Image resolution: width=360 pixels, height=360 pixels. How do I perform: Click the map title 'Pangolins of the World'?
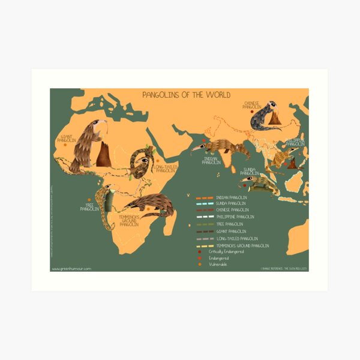tap(185, 95)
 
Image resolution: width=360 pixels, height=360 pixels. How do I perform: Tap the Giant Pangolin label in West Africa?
tap(66, 139)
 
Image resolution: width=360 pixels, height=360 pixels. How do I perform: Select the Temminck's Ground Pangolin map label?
tap(129, 220)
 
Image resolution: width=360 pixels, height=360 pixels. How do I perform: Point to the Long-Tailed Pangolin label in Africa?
tap(165, 169)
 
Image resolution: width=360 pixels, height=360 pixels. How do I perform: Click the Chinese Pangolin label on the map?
tap(252, 105)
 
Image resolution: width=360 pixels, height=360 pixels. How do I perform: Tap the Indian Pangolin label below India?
tap(211, 161)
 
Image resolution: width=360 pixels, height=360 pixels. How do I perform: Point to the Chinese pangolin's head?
tap(272, 106)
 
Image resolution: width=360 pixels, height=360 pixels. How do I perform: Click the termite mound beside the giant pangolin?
tap(103, 155)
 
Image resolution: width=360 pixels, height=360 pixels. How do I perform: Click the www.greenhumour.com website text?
tap(72, 269)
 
